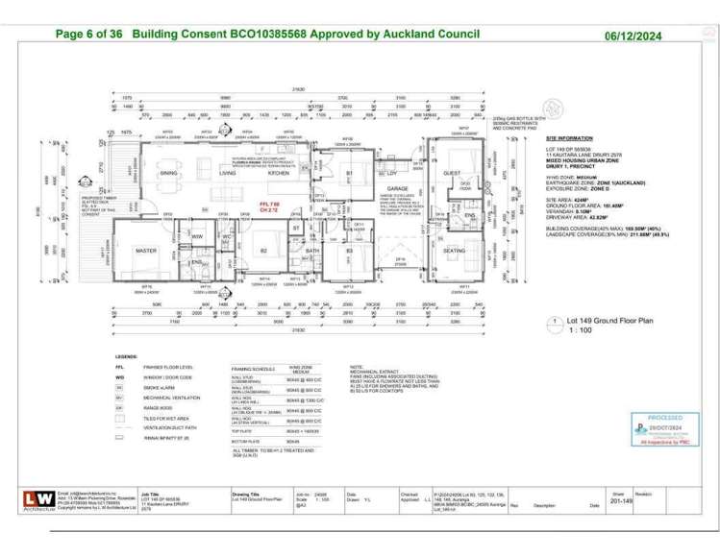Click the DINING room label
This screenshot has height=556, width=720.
click(x=169, y=173)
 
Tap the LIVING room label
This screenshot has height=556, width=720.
click(x=228, y=173)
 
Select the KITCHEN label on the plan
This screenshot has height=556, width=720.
click(x=279, y=173)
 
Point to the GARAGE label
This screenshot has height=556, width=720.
click(x=398, y=188)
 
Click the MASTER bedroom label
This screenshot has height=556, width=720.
click(x=146, y=251)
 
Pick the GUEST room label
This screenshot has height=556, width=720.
click(x=452, y=173)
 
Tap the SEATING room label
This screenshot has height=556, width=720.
click(x=455, y=251)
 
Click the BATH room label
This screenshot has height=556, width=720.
click(x=312, y=251)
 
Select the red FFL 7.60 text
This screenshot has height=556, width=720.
click(x=269, y=205)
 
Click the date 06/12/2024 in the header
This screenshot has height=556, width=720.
click(x=633, y=36)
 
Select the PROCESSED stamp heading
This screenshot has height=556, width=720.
click(x=664, y=418)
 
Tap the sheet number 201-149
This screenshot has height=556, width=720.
click(x=623, y=500)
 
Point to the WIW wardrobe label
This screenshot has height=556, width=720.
click(x=196, y=236)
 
